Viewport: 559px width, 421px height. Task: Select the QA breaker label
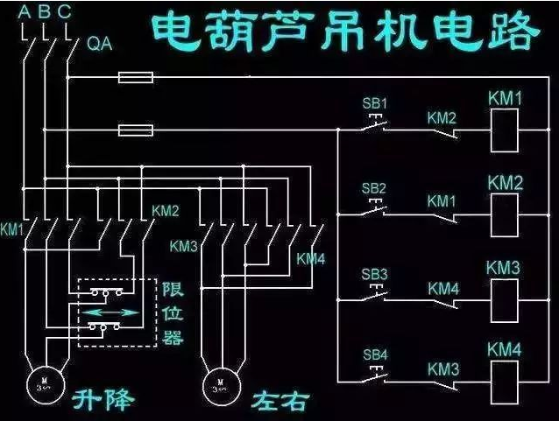click(x=99, y=44)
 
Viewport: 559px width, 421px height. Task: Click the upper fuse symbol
click(x=135, y=78)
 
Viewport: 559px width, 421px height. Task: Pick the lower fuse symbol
click(x=135, y=131)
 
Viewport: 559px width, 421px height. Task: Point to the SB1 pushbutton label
click(x=374, y=102)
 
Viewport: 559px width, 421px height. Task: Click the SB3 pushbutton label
click(x=374, y=274)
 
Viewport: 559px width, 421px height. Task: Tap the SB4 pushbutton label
click(x=374, y=354)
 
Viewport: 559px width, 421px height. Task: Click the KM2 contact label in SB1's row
click(x=442, y=116)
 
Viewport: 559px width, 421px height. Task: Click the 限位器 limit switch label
click(x=172, y=312)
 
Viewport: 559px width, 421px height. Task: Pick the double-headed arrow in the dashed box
click(x=116, y=312)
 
